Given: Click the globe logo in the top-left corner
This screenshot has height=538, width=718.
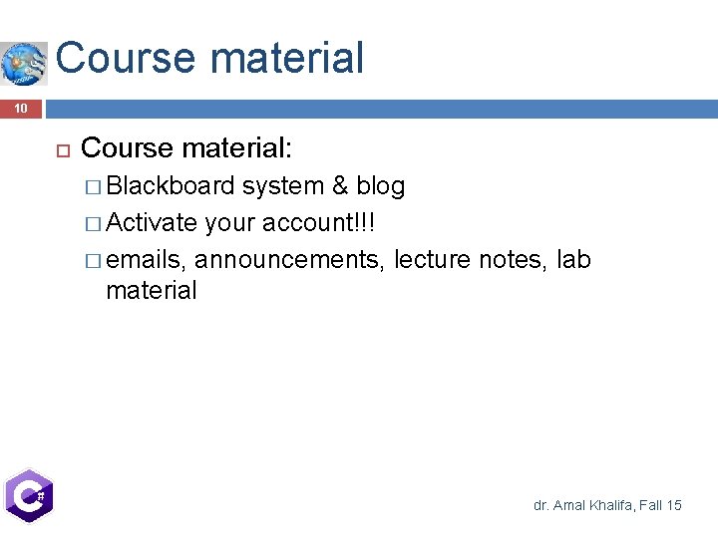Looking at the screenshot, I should coord(24,63).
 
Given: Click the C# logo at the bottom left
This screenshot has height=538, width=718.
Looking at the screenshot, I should coord(28,494).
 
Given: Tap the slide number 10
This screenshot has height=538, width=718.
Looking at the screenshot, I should coord(21,108).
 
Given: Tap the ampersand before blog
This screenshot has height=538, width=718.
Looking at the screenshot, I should coord(340,186).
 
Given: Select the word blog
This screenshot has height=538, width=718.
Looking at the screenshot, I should coord(381,186).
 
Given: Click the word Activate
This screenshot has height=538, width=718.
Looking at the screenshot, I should coord(152,221).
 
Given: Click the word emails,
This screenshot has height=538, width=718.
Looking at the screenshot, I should coord(147,260).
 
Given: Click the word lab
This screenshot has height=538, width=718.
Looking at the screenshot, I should coord(573,260).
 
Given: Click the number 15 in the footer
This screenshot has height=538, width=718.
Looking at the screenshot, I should coord(673,506).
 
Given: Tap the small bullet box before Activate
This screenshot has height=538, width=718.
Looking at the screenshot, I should coord(95,222).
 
